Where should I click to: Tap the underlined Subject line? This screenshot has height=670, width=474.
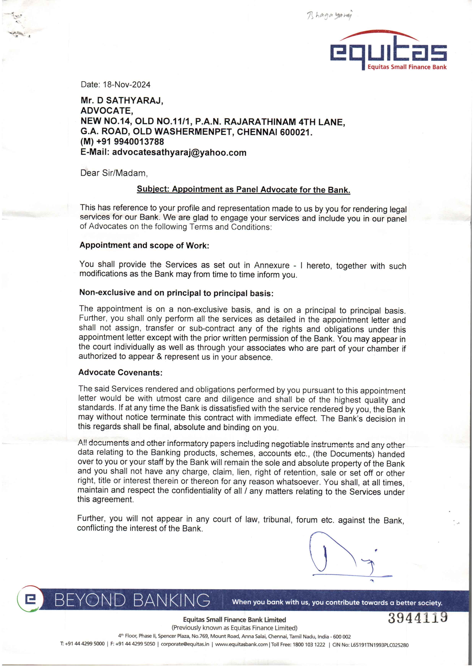[243, 189]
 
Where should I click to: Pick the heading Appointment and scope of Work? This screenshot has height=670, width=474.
[144, 245]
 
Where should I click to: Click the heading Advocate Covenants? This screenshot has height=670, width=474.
[120, 372]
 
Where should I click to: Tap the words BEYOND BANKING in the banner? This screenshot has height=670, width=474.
[132, 600]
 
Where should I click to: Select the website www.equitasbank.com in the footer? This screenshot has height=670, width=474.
[241, 644]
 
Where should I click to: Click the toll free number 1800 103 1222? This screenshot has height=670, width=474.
[309, 644]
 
